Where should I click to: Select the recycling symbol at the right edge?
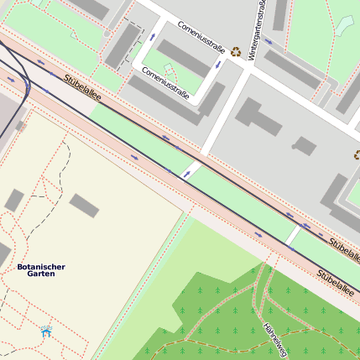(x=357, y=154)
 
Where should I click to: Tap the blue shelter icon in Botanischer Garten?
(x=46, y=331)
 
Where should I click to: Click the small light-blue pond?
(x=346, y=25)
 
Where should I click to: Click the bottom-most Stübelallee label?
(x=335, y=285)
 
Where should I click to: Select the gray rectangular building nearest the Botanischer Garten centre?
(x=84, y=205)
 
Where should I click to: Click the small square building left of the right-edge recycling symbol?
(x=304, y=147)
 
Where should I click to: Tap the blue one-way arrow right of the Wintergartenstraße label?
(x=269, y=40)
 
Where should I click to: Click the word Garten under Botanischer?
(x=41, y=274)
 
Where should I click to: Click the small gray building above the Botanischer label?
(x=13, y=201)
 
